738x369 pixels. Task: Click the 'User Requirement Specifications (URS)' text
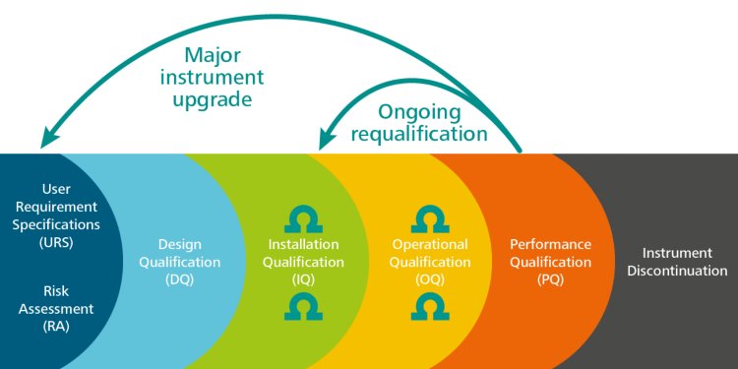pos(56,214)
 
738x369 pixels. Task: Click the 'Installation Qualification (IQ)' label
pos(304,262)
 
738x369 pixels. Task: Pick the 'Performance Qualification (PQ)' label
pos(550,262)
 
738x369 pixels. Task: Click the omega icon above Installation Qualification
pos(304,218)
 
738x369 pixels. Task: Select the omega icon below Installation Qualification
pos(304,307)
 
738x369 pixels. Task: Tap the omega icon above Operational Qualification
pos(429,218)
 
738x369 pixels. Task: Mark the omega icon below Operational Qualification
pos(429,307)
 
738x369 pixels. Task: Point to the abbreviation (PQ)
pos(550,279)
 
